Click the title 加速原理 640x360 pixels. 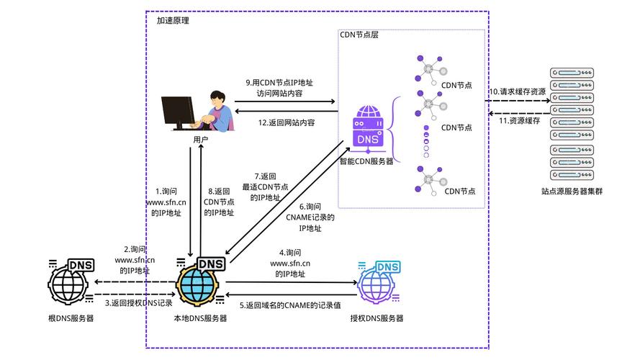[173, 21]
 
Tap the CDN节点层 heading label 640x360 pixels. [359, 35]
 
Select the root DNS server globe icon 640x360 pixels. [69, 283]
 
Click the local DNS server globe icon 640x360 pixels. [198, 283]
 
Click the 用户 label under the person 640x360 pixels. [201, 139]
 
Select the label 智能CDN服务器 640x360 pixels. [367, 161]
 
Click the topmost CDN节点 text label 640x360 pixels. [456, 85]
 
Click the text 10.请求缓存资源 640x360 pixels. [517, 91]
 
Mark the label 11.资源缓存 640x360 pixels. [519, 120]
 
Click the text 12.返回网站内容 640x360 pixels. [287, 123]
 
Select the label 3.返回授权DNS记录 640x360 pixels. [138, 303]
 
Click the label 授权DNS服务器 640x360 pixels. [377, 318]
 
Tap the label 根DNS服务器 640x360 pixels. [71, 318]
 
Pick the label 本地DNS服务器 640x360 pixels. [200, 318]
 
